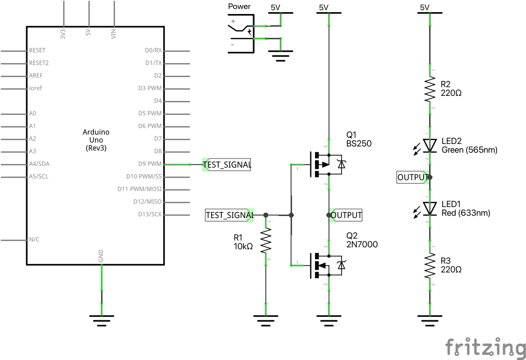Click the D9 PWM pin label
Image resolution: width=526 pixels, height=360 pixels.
pyautogui.click(x=150, y=164)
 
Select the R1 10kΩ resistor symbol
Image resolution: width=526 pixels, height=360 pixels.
pyautogui.click(x=266, y=241)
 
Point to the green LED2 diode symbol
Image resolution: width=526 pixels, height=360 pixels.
pyautogui.click(x=430, y=145)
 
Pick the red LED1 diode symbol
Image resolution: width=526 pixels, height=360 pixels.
pyautogui.click(x=430, y=208)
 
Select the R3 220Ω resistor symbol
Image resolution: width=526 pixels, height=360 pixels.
pyautogui.click(x=430, y=266)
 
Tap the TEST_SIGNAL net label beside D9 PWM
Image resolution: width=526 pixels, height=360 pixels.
pyautogui.click(x=227, y=165)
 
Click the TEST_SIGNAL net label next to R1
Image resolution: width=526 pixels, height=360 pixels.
pyautogui.click(x=229, y=215)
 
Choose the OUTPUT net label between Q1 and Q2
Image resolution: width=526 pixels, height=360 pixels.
pyautogui.click(x=346, y=215)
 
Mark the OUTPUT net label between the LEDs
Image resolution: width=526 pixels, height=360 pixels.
pyautogui.click(x=412, y=177)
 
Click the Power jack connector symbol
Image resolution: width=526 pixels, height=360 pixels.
pyautogui.click(x=241, y=33)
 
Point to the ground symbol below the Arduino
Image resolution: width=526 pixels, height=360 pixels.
pyautogui.click(x=101, y=319)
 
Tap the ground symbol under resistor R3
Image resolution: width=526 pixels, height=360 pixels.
pyautogui.click(x=430, y=319)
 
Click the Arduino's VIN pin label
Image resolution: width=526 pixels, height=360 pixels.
pyautogui.click(x=113, y=34)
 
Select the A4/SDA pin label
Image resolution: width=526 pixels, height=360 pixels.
pyautogui.click(x=39, y=164)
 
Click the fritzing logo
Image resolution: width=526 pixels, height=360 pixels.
pyautogui.click(x=484, y=347)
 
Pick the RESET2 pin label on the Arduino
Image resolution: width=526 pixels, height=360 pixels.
pyautogui.click(x=39, y=63)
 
